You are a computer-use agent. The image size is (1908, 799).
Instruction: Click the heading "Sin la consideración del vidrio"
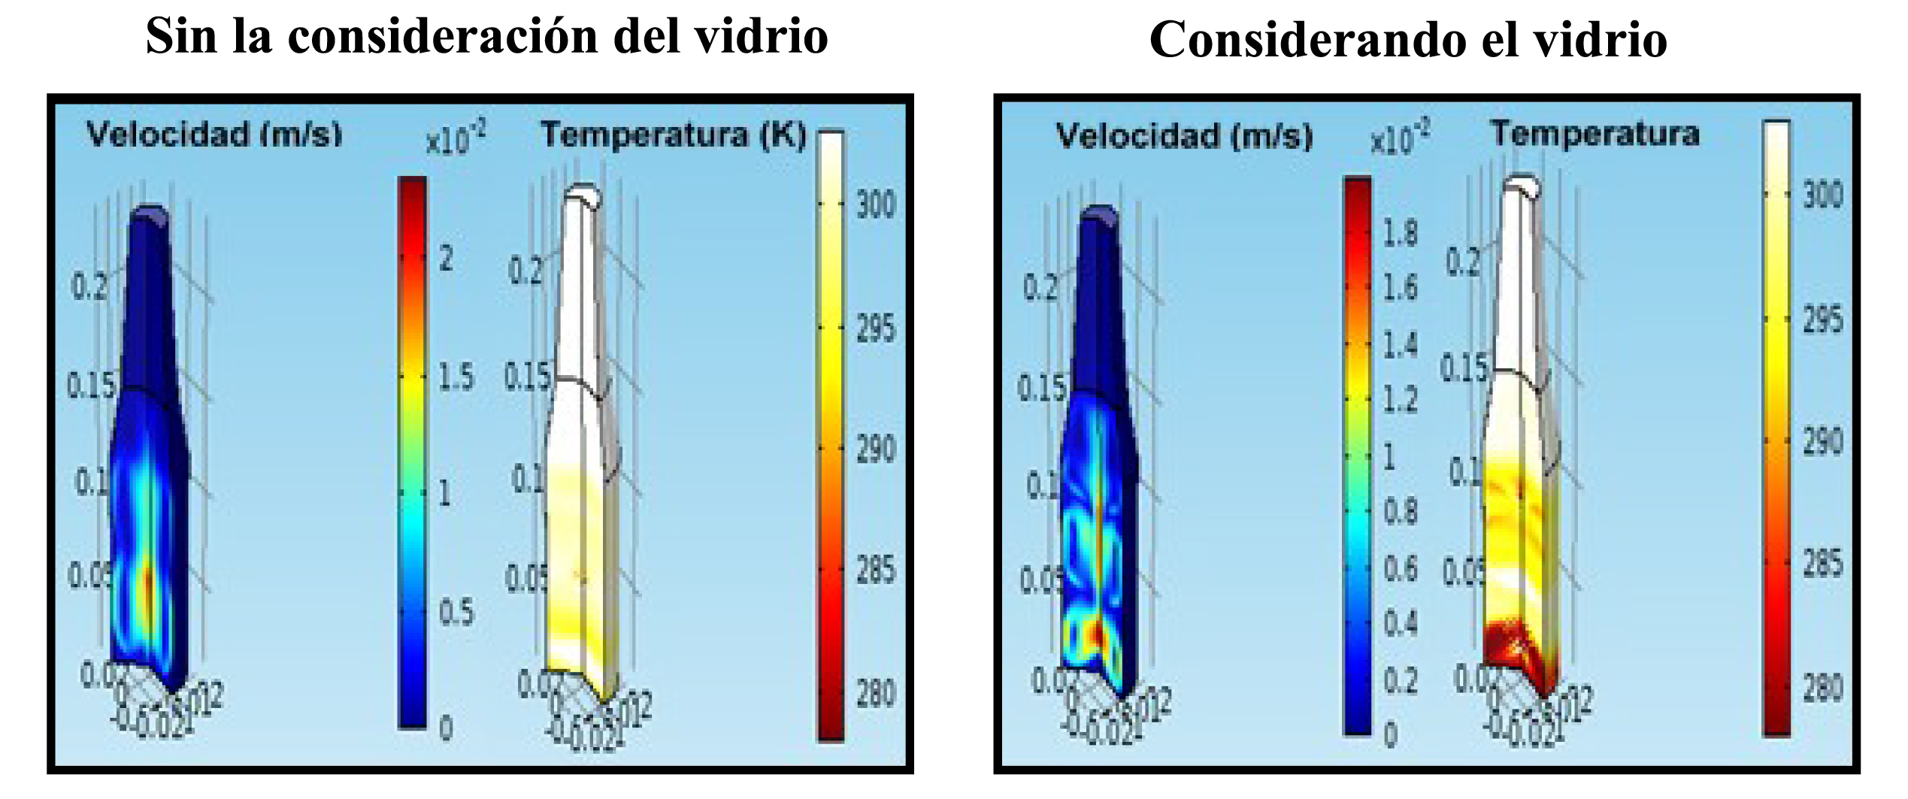(x=486, y=37)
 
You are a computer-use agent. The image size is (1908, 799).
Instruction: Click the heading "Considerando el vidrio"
(x=1407, y=40)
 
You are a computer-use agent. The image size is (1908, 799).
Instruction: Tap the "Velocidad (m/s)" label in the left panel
(x=214, y=135)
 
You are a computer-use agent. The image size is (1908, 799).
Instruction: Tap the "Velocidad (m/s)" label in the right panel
(x=1184, y=137)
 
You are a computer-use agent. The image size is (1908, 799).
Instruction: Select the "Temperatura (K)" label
(x=673, y=135)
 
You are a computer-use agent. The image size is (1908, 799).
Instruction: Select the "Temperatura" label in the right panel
(x=1595, y=134)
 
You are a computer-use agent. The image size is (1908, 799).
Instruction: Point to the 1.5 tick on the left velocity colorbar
(x=456, y=377)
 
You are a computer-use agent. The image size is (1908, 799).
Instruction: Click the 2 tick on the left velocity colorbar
(x=446, y=259)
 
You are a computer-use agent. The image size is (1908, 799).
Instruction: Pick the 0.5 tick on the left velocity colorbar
(x=456, y=613)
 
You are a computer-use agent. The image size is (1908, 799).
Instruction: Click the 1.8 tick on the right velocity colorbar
(x=1400, y=233)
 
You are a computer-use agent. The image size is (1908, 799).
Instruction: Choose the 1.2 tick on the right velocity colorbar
(x=1400, y=400)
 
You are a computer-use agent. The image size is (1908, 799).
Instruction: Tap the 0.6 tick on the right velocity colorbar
(x=1400, y=569)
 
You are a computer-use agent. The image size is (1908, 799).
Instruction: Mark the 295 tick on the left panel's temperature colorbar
(x=876, y=328)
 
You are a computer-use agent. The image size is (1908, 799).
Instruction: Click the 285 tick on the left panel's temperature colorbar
(x=876, y=570)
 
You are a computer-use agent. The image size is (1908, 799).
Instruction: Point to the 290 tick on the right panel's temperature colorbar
(x=1822, y=442)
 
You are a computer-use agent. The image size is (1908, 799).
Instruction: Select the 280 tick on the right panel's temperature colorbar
(x=1822, y=688)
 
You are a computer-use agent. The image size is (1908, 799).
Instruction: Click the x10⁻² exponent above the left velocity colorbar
(x=456, y=139)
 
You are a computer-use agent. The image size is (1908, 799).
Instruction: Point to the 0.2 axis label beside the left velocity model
(x=89, y=286)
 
